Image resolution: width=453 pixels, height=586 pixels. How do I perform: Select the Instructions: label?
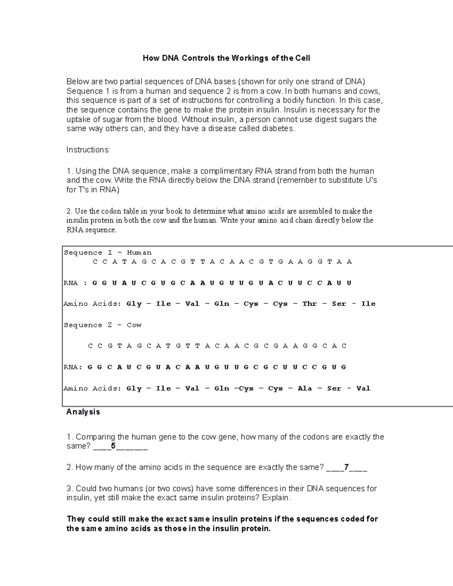pos(88,150)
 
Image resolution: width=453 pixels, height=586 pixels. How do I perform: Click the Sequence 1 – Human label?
pos(108,253)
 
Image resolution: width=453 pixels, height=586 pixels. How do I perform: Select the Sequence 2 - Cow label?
pos(102,325)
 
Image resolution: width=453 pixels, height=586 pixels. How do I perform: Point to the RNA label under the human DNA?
pos(71,283)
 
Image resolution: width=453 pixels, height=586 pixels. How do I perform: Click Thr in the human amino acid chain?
pos(310,304)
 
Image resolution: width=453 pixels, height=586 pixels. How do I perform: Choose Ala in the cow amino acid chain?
pos(305,389)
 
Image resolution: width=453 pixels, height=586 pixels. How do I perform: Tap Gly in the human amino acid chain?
pos(134,304)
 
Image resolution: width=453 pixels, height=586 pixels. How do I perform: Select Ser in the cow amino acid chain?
pos(334,389)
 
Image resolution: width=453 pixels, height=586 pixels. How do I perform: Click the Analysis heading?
pos(83,412)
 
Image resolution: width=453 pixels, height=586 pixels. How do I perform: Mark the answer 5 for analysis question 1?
pos(113,446)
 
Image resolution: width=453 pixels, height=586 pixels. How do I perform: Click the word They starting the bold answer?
pos(76,519)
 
